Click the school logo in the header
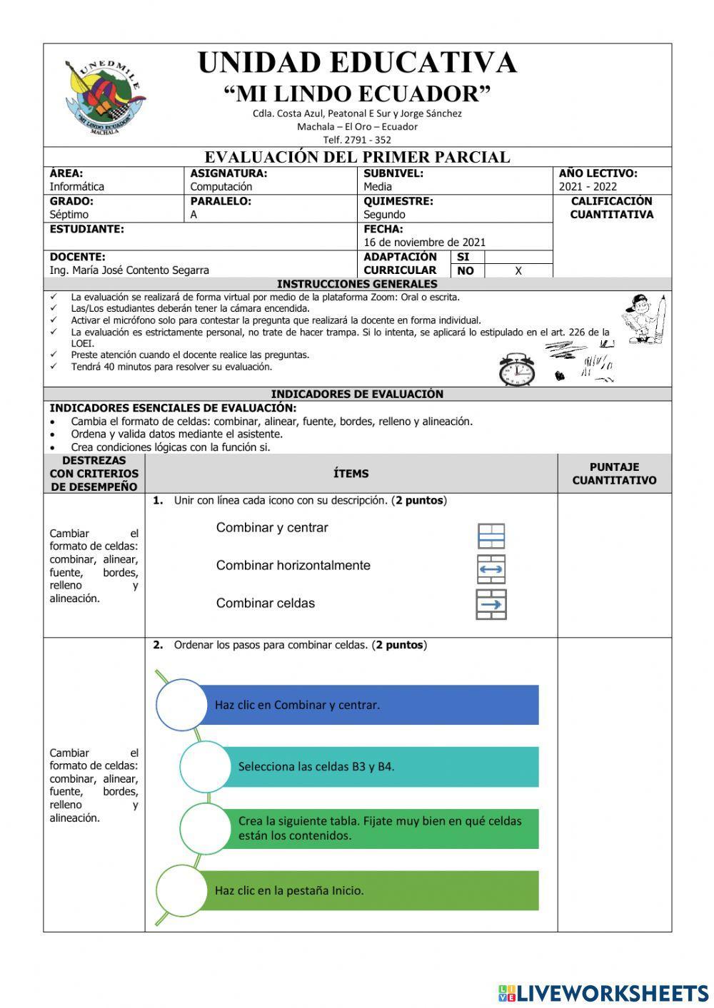[x=105, y=97]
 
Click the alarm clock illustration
[x=516, y=370]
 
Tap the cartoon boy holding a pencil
[x=645, y=319]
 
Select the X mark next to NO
[x=518, y=271]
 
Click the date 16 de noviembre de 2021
[x=424, y=242]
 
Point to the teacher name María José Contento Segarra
[x=129, y=270]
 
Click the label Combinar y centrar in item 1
[x=272, y=528]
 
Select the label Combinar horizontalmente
[x=293, y=566]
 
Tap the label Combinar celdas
[x=266, y=604]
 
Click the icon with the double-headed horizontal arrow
[x=491, y=569]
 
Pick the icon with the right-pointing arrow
[x=491, y=604]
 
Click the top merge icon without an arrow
[x=491, y=536]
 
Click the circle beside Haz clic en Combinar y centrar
[x=181, y=705]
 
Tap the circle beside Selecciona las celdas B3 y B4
[x=205, y=767]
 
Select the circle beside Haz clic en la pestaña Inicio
[x=181, y=890]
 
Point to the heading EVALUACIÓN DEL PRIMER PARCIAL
[x=357, y=157]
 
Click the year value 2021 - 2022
[x=588, y=187]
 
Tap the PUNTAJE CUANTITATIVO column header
[x=614, y=474]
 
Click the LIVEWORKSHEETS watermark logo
[x=603, y=992]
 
